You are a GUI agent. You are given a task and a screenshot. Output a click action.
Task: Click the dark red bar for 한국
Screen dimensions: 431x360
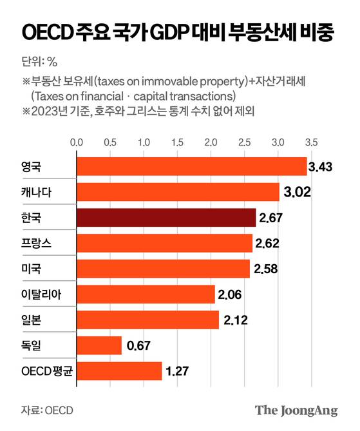pyautogui.click(x=166, y=218)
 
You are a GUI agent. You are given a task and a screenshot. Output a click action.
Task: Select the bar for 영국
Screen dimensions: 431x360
pyautogui.click(x=191, y=167)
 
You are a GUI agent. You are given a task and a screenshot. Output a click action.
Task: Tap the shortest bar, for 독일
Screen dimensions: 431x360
pyautogui.click(x=99, y=345)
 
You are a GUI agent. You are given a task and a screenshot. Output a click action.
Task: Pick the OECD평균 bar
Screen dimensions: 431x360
pyautogui.click(x=119, y=371)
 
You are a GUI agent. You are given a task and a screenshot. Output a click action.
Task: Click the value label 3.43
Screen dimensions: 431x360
pyautogui.click(x=319, y=168)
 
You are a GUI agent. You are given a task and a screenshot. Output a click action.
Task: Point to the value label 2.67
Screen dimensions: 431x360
pyautogui.click(x=272, y=218)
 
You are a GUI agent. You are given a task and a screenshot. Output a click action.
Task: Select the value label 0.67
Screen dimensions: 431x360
pyautogui.click(x=138, y=346)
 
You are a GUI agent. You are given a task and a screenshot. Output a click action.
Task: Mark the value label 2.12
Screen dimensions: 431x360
pyautogui.click(x=235, y=320)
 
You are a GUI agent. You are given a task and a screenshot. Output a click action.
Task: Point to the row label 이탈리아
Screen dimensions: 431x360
pyautogui.click(x=41, y=294)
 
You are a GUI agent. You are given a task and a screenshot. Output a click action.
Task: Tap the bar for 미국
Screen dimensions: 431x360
pyautogui.click(x=163, y=269)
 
